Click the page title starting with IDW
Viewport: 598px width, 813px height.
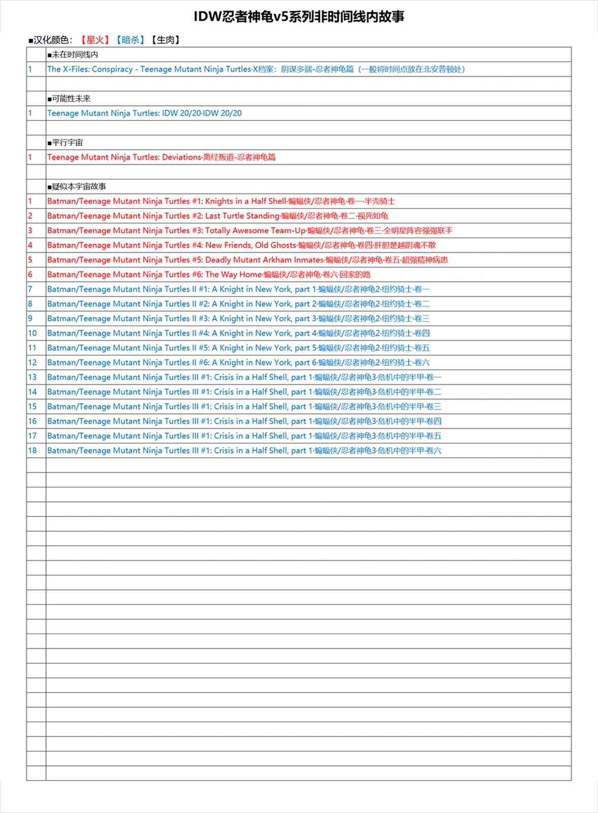coord(299,17)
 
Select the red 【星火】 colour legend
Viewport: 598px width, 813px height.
coord(95,40)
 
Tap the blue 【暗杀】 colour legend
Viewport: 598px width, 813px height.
coord(131,40)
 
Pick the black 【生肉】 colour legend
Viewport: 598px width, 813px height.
coord(166,40)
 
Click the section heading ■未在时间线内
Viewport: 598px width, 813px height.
coord(73,55)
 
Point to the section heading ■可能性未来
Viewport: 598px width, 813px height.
coord(69,99)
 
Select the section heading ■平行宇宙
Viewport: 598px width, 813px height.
coord(65,143)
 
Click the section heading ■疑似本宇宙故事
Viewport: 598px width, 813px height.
coord(77,186)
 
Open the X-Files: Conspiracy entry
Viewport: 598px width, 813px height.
coord(256,69)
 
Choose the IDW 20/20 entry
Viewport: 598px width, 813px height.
coord(144,113)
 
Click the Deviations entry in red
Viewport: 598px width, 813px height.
coord(162,158)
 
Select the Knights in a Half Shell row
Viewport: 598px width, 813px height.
coord(221,201)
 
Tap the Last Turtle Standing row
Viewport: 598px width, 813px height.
coord(217,216)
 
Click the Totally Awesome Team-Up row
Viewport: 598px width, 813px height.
coord(249,231)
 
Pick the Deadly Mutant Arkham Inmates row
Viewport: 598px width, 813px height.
coord(247,260)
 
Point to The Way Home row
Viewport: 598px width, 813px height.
coord(209,275)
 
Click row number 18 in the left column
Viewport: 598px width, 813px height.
coord(33,451)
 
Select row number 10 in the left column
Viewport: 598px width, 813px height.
coord(33,333)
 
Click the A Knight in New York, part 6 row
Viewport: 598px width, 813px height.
coord(238,363)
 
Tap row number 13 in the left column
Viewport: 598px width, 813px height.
coord(33,378)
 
